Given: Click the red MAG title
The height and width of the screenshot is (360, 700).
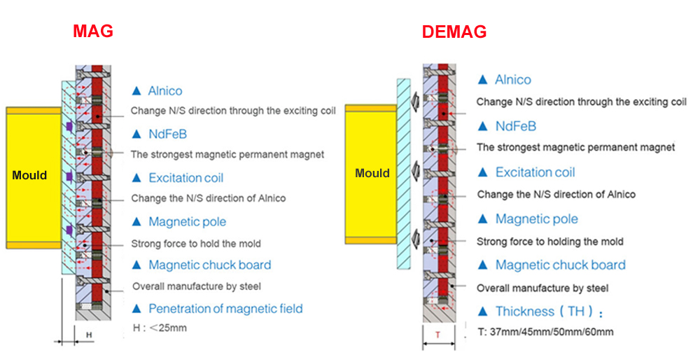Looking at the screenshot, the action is click(x=93, y=31).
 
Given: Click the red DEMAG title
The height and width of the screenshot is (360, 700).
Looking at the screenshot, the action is click(x=454, y=32).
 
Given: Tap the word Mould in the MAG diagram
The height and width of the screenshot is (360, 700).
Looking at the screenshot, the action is click(x=29, y=175).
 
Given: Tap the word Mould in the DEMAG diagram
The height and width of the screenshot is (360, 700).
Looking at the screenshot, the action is click(x=372, y=173).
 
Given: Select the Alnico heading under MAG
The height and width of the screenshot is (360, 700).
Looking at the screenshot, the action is click(x=165, y=90).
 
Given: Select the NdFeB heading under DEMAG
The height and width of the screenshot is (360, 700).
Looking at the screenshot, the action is click(x=516, y=126).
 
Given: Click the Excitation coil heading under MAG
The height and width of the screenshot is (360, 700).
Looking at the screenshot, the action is click(x=185, y=178).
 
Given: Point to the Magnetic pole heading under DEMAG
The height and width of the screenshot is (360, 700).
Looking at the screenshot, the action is click(x=537, y=219).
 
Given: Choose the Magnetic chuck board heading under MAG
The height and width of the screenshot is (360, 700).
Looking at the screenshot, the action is click(x=210, y=265).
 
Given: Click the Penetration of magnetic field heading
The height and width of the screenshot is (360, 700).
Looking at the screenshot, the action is click(x=225, y=309).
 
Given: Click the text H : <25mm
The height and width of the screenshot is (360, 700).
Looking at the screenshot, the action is click(x=160, y=328).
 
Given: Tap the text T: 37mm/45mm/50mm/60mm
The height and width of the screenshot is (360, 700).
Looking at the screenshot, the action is click(x=545, y=332).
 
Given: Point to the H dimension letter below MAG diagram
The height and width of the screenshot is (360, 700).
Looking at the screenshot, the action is click(x=89, y=335).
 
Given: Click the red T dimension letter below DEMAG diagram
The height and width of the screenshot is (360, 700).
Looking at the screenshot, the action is click(x=438, y=335).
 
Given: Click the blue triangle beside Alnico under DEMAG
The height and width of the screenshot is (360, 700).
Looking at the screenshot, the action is click(x=482, y=80).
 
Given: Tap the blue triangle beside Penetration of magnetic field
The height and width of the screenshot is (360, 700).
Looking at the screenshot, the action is click(x=136, y=309).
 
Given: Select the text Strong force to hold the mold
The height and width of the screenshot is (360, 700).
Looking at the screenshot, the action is click(x=196, y=244).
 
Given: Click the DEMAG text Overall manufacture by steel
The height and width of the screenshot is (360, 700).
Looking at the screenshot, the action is click(x=542, y=288).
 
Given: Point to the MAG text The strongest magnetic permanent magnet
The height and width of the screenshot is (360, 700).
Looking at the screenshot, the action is click(x=227, y=155).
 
